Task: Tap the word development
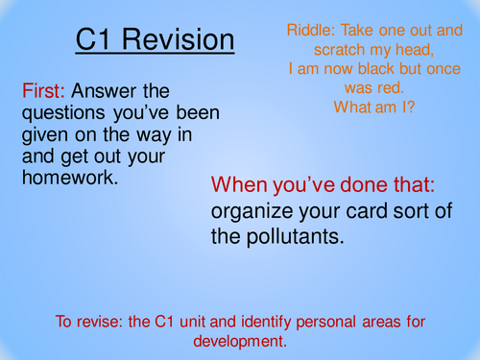[240, 339]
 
